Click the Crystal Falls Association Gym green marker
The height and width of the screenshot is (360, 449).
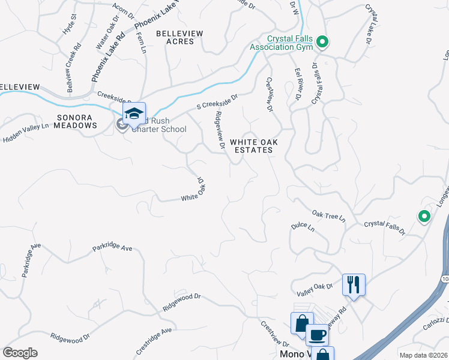coord(322,41)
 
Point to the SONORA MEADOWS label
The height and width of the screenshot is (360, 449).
coord(76,121)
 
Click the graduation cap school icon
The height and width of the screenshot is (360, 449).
coord(134,113)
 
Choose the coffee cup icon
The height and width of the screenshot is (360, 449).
coord(317,334)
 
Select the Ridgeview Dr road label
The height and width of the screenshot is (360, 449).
coord(220,130)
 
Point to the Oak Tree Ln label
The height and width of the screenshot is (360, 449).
coord(329,215)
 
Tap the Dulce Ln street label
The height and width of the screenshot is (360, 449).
coord(303,227)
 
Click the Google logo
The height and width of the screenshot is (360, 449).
coord(20,352)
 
